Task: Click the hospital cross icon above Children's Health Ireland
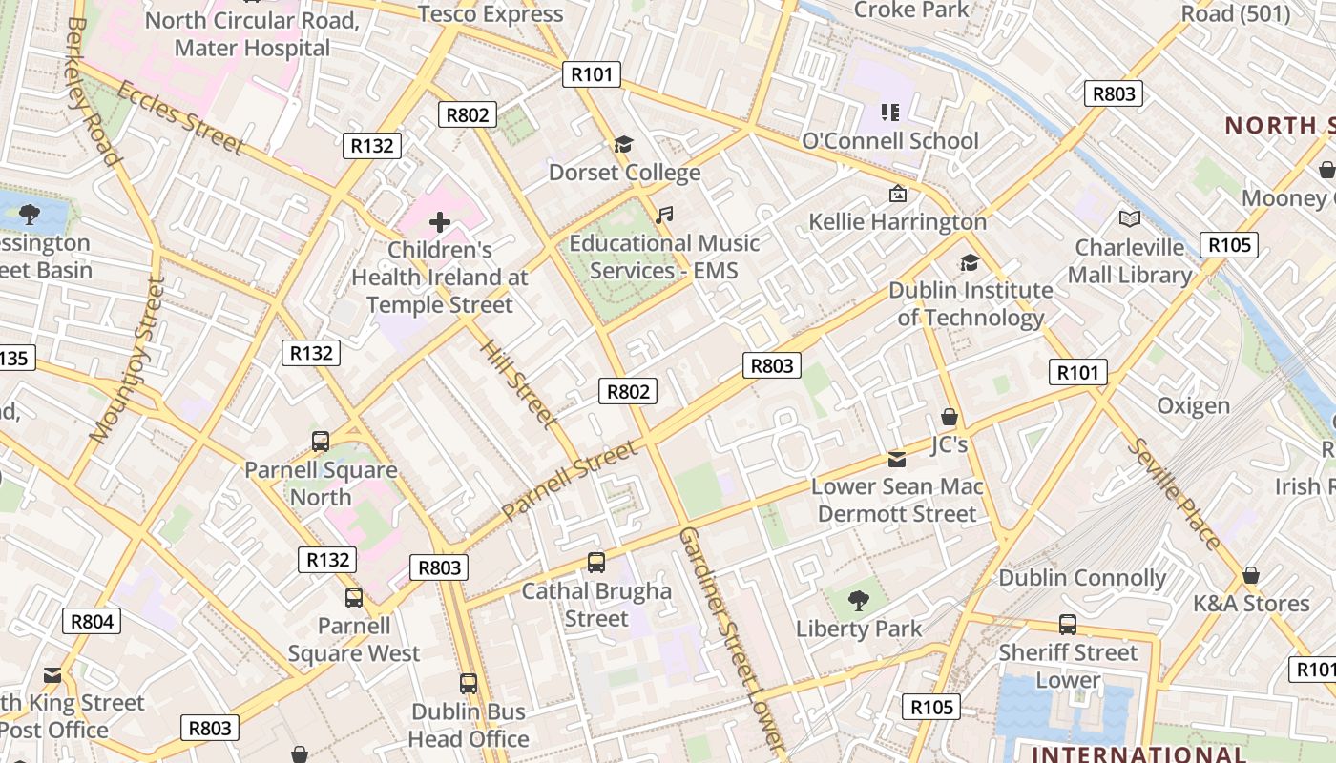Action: point(439,223)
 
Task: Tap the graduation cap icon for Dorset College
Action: point(623,145)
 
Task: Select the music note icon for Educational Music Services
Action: point(664,216)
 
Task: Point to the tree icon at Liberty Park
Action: point(859,601)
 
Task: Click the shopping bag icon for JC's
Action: point(949,417)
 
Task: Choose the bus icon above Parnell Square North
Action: point(321,442)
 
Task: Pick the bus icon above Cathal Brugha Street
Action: point(596,563)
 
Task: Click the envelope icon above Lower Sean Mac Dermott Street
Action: point(897,460)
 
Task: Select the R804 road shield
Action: point(93,622)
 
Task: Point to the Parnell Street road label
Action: point(569,480)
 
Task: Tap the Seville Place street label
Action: point(1173,494)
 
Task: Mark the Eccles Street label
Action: point(180,116)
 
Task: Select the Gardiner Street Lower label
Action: point(731,639)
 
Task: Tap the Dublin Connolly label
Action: point(1082,578)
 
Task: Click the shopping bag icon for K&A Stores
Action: point(1250,576)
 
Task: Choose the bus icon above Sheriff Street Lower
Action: point(1068,625)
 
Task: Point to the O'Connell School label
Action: point(889,141)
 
